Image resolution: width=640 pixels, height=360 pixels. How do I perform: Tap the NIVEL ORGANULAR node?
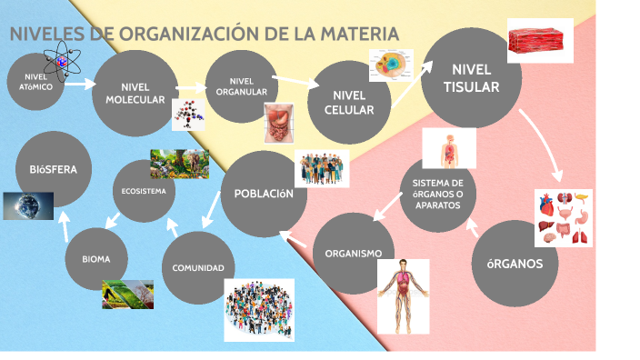click(x=242, y=86)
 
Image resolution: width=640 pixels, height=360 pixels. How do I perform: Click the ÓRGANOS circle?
click(x=515, y=264)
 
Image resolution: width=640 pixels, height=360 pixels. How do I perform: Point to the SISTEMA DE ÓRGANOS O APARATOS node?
click(x=437, y=195)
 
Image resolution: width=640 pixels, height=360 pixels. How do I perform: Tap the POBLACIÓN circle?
click(x=264, y=194)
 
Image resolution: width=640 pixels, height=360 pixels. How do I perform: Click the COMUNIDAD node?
click(x=198, y=267)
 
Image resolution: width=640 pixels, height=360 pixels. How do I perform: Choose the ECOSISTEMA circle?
click(x=144, y=192)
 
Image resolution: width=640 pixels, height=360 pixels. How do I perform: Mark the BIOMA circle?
click(x=95, y=259)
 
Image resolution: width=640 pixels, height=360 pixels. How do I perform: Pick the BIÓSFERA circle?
click(x=54, y=169)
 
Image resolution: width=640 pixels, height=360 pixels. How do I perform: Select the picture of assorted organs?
click(x=563, y=218)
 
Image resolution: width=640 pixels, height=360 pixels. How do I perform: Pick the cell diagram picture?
click(x=391, y=65)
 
